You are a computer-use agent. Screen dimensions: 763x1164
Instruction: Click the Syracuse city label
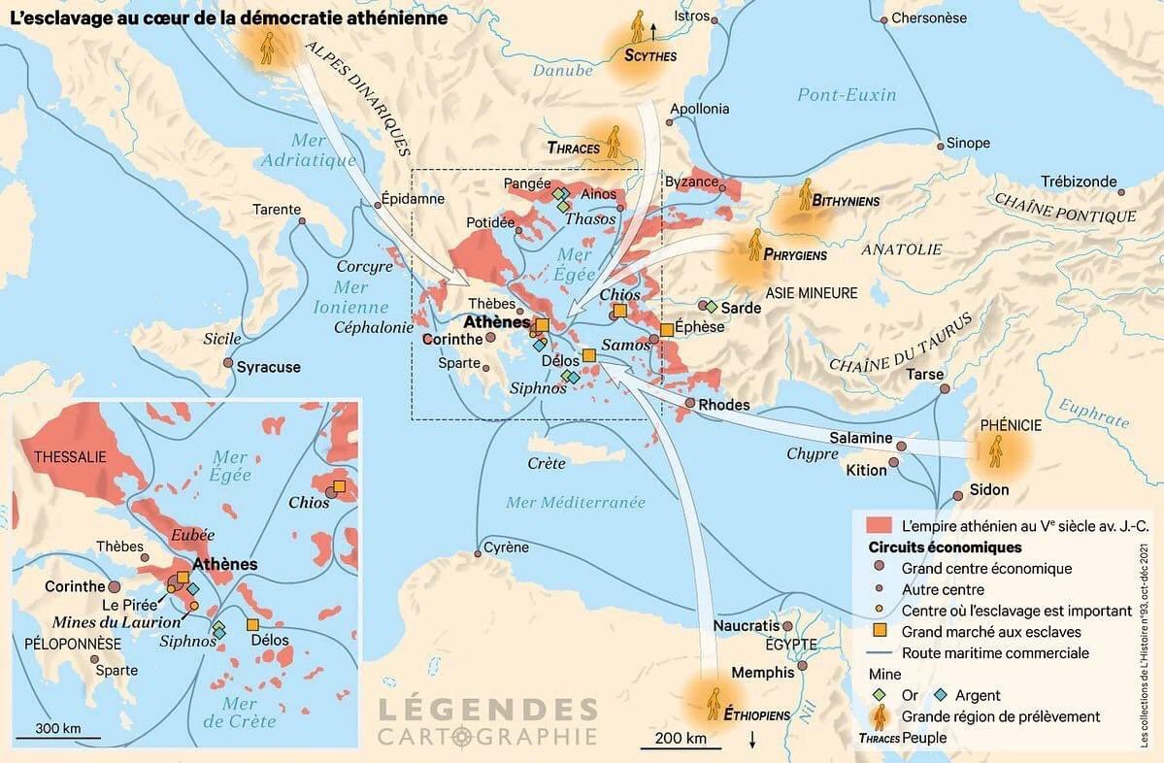point(269,367)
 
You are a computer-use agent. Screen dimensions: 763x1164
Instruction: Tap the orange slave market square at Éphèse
point(667,330)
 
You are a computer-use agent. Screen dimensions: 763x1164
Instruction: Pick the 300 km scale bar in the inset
point(59,738)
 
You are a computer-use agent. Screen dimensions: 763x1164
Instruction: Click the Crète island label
point(547,463)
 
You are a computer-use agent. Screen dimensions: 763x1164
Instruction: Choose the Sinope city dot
point(940,146)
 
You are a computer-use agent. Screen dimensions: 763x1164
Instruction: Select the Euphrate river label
point(1093,414)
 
